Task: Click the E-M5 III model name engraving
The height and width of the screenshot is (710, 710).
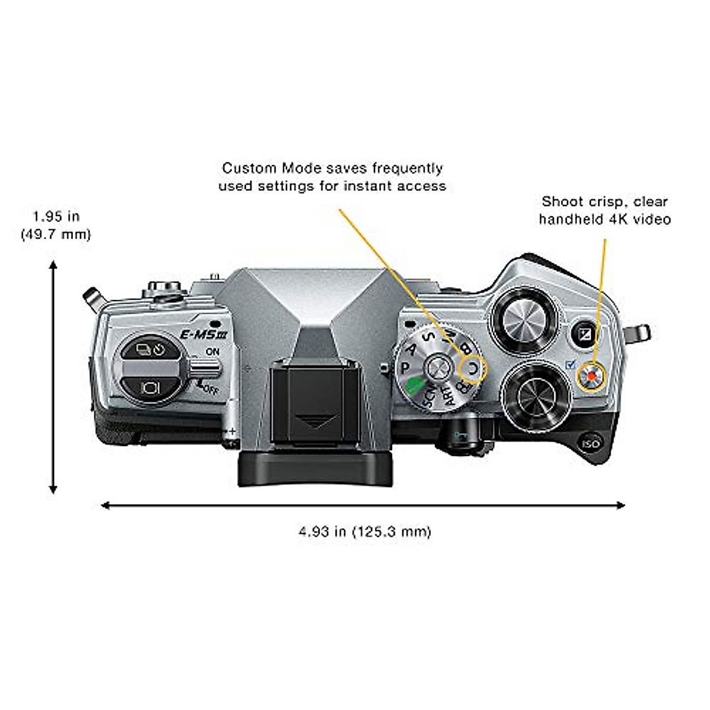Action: [x=199, y=335]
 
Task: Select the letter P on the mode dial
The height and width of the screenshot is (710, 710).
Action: [x=406, y=367]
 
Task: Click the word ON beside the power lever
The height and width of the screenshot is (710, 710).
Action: [x=212, y=351]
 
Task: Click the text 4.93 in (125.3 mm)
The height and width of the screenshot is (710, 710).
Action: [x=364, y=531]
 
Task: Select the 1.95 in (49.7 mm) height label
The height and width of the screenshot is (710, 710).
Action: [x=56, y=225]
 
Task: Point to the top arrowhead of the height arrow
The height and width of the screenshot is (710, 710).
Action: [x=53, y=267]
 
